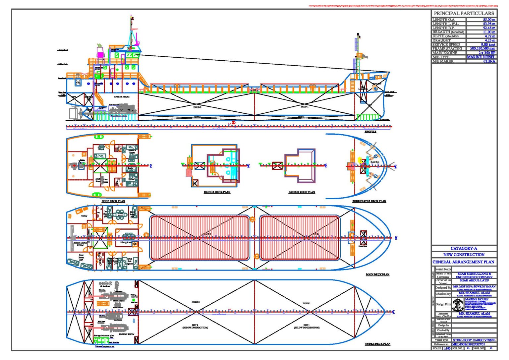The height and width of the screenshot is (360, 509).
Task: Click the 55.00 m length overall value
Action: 489,20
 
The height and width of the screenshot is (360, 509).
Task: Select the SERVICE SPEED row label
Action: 446,44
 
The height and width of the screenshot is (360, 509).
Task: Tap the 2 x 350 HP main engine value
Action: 486,53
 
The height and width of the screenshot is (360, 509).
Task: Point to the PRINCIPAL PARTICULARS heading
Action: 464,13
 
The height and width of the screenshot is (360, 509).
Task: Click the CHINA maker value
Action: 489,61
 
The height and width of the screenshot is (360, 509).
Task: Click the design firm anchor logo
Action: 458,304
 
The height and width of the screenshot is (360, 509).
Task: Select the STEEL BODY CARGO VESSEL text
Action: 474,340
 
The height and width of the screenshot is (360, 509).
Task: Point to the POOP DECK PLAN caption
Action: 113,201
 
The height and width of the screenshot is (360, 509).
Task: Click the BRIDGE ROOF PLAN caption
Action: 302,192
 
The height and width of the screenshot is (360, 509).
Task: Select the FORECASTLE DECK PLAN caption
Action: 369,201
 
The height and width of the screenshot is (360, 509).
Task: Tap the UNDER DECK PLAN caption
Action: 377,344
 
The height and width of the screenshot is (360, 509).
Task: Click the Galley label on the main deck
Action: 84,216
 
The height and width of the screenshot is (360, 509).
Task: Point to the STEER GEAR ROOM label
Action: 80,244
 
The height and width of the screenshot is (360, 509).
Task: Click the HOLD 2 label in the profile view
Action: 197,107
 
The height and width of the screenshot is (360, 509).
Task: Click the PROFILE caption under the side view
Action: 370,132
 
